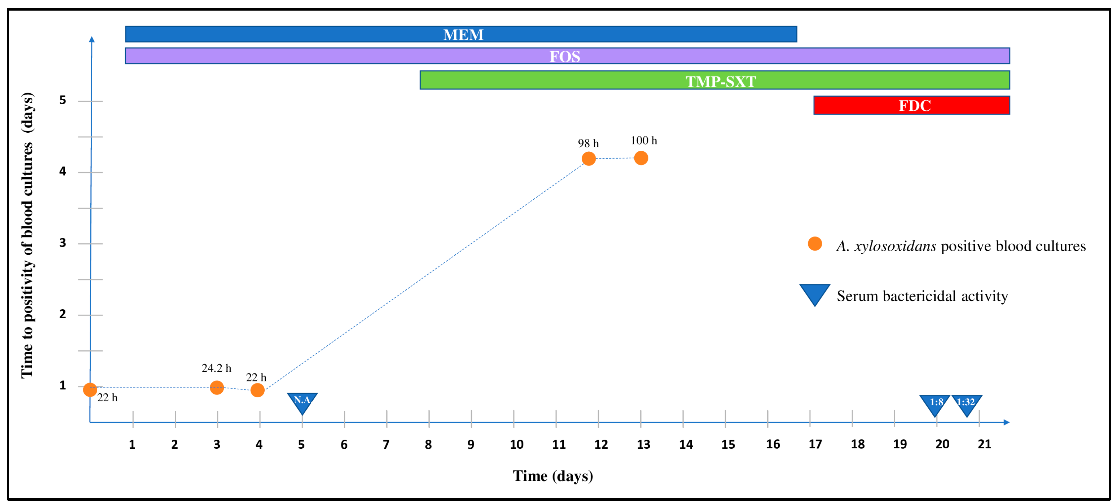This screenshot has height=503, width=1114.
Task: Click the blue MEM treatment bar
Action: [461, 34]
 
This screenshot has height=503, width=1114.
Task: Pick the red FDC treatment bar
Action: [911, 105]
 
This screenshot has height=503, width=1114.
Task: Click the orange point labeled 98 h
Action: [588, 158]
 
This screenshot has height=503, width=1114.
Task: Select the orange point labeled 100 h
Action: [641, 158]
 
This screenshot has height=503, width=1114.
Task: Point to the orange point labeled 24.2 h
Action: [217, 387]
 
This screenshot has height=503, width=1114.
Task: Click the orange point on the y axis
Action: [90, 390]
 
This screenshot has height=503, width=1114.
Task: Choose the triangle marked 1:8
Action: [935, 404]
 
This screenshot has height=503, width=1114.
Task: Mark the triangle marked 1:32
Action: [966, 404]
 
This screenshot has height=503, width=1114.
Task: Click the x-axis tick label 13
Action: [643, 444]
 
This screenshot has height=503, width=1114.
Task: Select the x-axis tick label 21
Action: [984, 444]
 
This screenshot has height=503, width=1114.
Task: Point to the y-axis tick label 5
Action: [63, 100]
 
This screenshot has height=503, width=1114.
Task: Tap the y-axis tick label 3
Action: [63, 243]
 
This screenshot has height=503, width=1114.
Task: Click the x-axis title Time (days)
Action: [553, 476]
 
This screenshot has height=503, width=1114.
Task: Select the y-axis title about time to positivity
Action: [27, 236]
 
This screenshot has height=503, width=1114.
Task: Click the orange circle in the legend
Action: [815, 244]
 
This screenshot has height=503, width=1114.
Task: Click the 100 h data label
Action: [644, 140]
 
